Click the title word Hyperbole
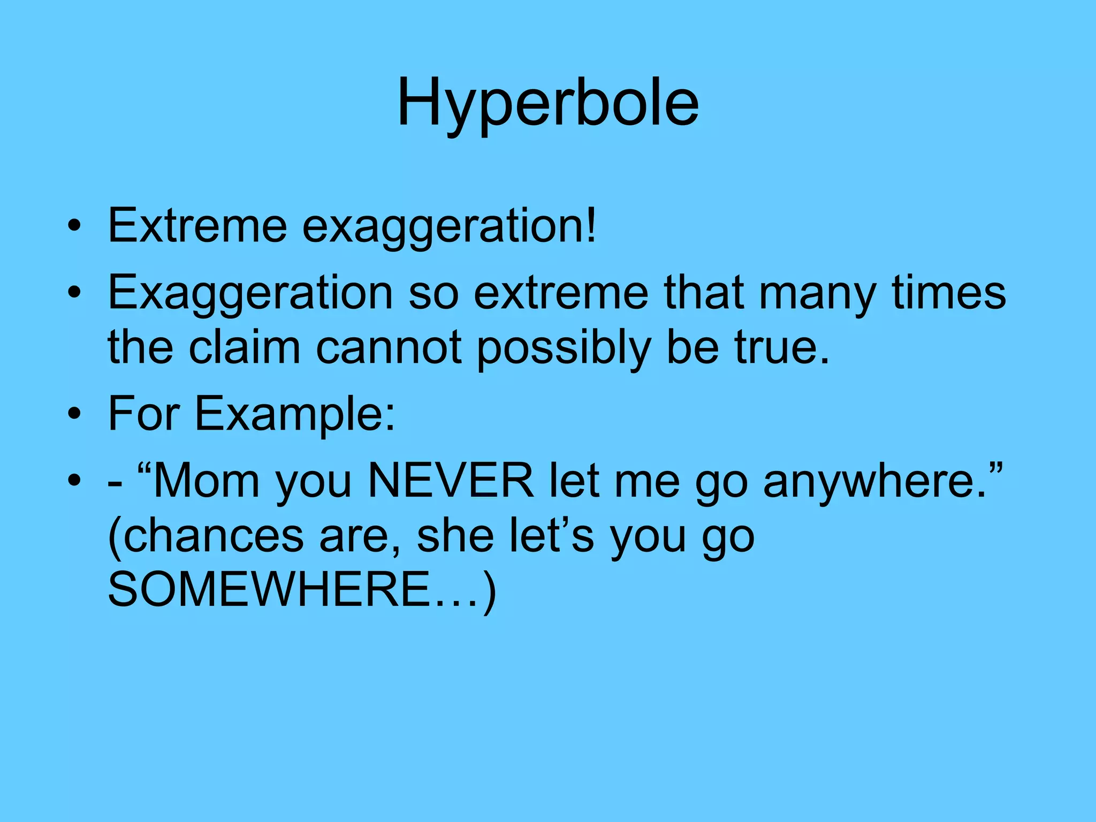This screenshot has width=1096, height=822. click(547, 103)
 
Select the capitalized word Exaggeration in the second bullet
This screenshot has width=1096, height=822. click(250, 293)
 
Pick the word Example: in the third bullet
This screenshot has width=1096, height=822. click(294, 415)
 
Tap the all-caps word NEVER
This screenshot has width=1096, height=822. click(451, 481)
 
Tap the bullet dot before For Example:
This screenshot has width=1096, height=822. click(75, 414)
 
